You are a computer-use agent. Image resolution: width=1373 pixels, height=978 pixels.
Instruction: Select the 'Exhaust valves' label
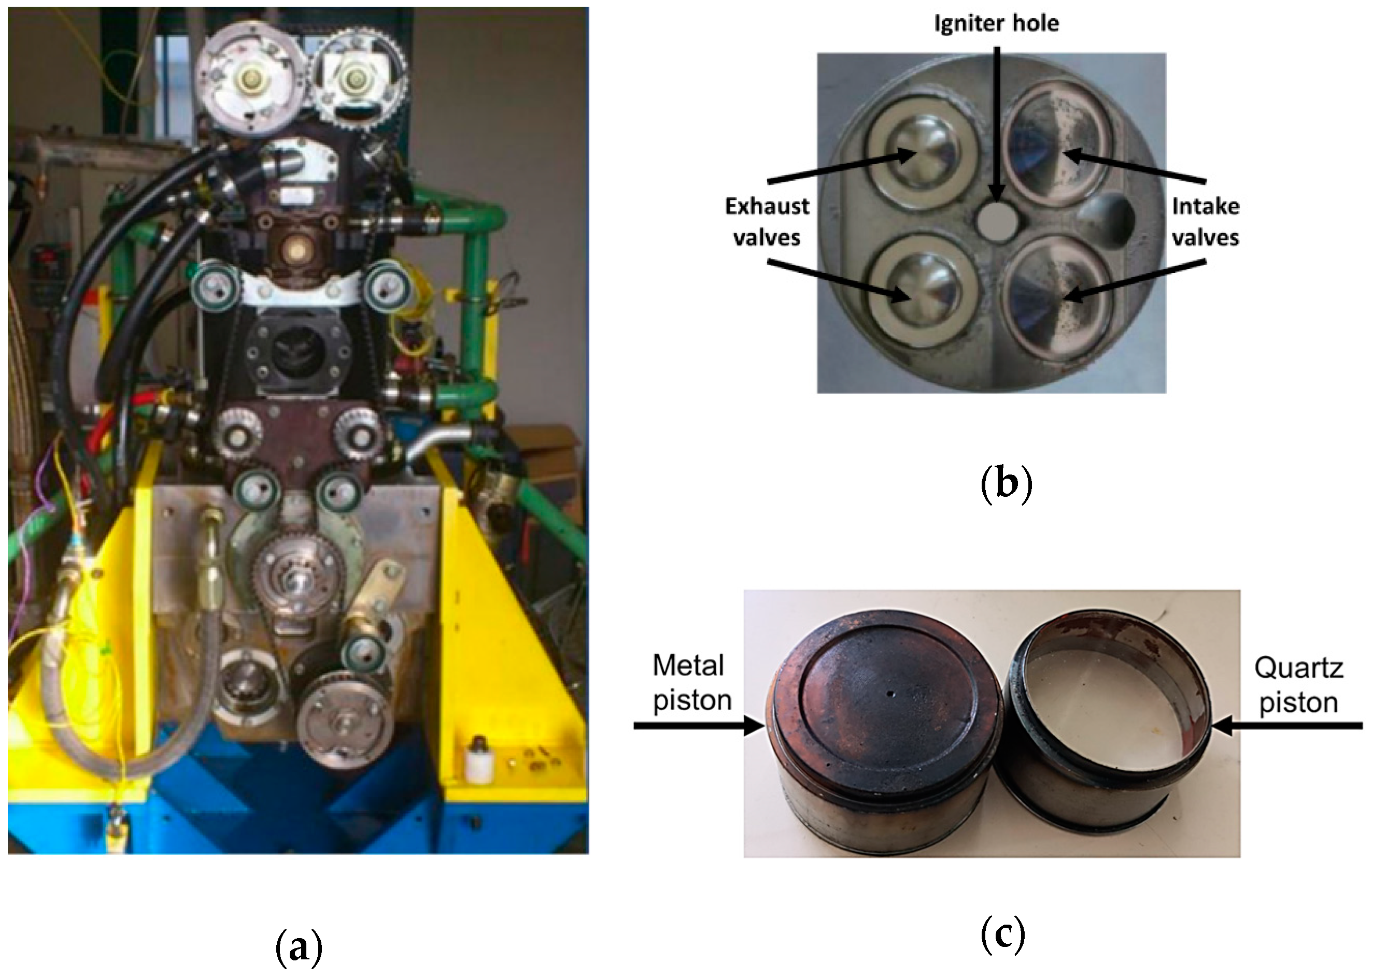pyautogui.click(x=767, y=222)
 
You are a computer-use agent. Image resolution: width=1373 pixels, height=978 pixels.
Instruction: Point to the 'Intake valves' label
pyautogui.click(x=1206, y=222)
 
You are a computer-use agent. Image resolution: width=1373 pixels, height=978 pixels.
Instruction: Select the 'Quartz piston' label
pyautogui.click(x=1299, y=685)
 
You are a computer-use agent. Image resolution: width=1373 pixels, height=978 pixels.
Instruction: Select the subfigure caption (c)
pyautogui.click(x=1003, y=934)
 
